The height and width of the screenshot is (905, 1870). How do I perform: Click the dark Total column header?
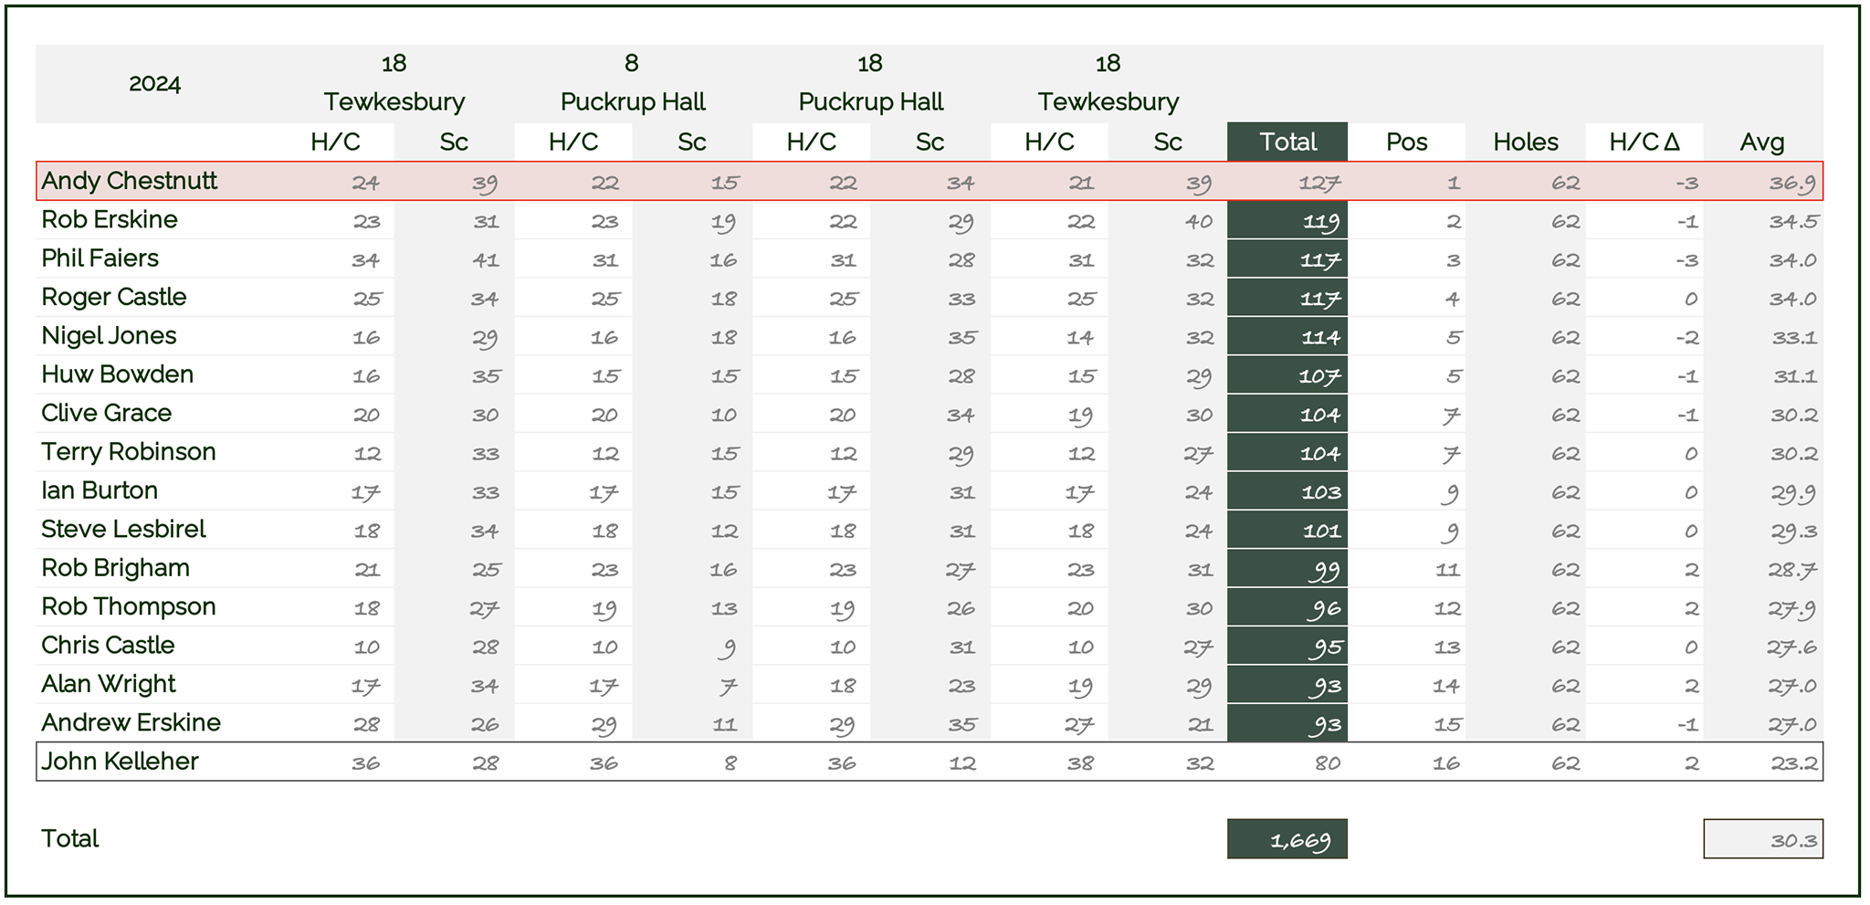pos(1287,142)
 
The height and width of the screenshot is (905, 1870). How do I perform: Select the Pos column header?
pos(1406,142)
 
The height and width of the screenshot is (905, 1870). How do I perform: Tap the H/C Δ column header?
pos(1644,142)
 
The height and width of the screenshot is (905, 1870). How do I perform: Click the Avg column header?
pos(1762,142)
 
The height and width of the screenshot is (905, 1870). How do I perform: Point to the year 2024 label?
pos(154,84)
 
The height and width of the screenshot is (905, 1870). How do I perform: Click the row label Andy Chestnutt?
pos(129,181)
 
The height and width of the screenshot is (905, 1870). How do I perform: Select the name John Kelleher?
pos(120,762)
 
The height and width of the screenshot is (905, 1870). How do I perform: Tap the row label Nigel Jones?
pos(109,336)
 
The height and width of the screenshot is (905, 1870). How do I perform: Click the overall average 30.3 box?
pos(1763,839)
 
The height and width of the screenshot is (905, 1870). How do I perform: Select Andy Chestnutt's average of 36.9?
pos(1791,183)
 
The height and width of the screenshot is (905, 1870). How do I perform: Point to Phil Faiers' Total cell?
pos(1287,260)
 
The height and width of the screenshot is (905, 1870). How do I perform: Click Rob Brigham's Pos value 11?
pos(1447,570)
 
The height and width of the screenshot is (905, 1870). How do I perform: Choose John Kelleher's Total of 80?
pos(1328,763)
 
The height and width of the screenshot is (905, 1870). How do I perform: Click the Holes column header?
pos(1526,142)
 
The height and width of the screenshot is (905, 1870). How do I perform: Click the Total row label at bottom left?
pos(69,838)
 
